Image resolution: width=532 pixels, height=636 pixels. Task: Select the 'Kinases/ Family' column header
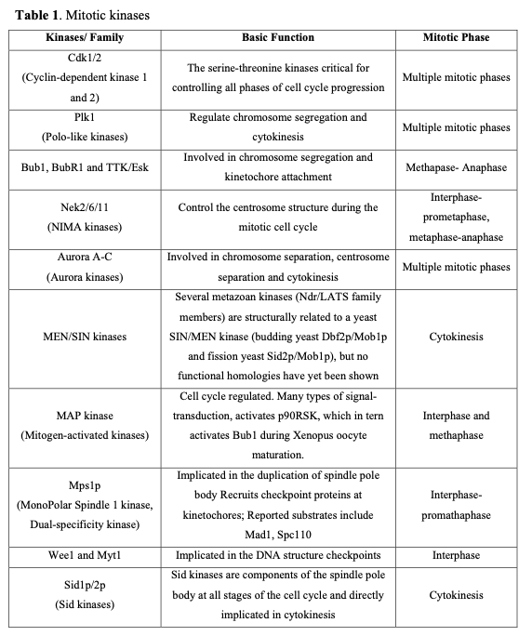(x=85, y=38)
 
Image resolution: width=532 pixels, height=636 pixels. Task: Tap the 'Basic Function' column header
(x=277, y=38)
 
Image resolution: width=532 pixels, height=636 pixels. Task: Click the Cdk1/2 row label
(x=85, y=78)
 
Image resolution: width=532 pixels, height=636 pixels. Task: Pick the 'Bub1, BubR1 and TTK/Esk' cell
(x=85, y=168)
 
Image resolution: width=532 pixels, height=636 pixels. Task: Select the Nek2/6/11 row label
(x=85, y=217)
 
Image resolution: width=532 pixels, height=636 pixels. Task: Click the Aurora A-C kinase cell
(x=85, y=265)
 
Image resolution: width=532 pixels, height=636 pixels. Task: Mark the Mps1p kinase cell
(x=85, y=503)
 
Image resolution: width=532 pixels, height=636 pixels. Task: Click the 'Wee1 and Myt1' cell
(x=85, y=555)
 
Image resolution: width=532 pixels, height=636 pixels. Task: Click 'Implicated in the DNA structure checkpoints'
(x=277, y=555)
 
